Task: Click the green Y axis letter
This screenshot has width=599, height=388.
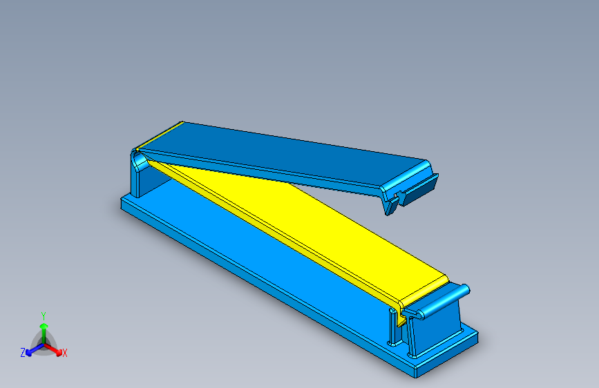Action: [x=44, y=314]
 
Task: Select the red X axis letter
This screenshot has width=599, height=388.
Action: [x=65, y=353]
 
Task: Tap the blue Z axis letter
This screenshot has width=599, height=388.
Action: [x=23, y=353]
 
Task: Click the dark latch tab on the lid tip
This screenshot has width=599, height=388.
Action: [x=420, y=191]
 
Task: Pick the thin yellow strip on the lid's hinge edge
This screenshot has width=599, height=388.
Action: [x=160, y=136]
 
